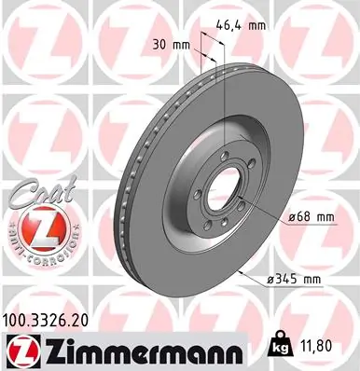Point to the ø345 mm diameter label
(x=295, y=279)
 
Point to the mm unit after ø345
(x=316, y=279)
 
